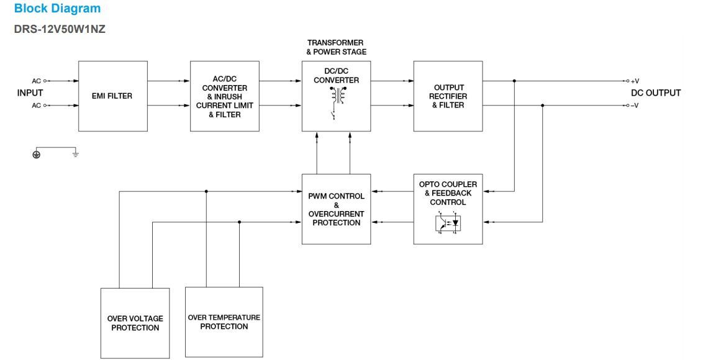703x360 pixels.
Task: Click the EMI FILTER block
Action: (x=112, y=96)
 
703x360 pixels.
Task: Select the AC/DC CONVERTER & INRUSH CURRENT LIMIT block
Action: (x=224, y=96)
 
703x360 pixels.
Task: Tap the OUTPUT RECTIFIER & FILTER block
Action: (x=448, y=96)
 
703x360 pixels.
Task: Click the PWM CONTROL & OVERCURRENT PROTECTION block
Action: (x=336, y=209)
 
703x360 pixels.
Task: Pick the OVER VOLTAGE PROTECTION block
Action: (x=135, y=323)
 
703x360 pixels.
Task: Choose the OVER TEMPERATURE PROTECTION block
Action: (x=224, y=322)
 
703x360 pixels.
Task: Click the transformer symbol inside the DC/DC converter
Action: (x=338, y=95)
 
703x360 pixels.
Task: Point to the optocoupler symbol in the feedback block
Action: (x=448, y=222)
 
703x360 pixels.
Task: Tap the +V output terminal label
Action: (x=635, y=81)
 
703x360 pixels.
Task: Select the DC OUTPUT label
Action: (x=655, y=93)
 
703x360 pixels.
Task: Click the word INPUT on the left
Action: (x=30, y=93)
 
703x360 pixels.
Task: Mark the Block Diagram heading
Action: (x=57, y=9)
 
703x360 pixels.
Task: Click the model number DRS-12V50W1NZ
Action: (x=59, y=29)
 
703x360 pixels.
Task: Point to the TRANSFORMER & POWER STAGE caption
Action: (x=336, y=47)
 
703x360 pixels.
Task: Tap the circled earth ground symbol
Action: (x=36, y=154)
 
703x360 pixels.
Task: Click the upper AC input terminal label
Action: (x=36, y=81)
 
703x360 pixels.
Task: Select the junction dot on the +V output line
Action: (x=514, y=81)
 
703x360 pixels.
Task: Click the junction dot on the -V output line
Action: (x=543, y=106)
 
